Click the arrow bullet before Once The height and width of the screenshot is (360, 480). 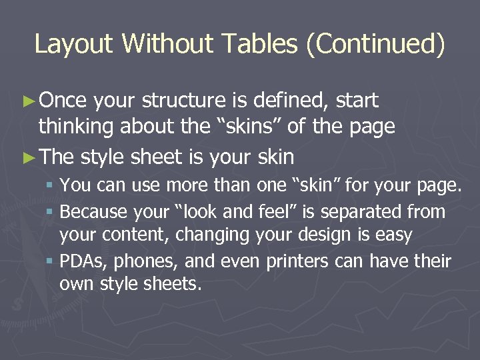click(x=27, y=101)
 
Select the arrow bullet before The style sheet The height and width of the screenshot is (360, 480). click(x=27, y=157)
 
